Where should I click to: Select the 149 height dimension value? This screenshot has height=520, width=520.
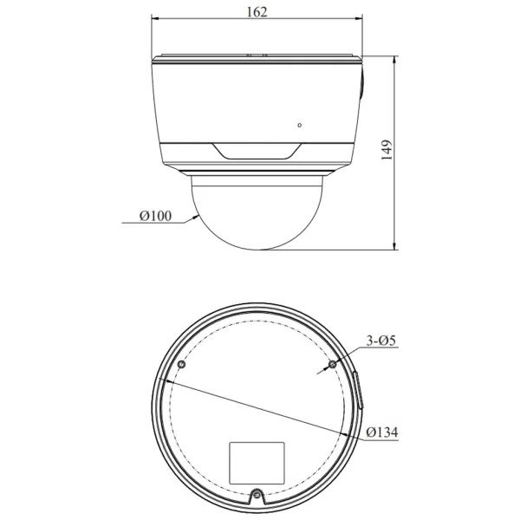click(387, 151)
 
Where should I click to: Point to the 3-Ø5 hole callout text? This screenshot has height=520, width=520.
click(380, 341)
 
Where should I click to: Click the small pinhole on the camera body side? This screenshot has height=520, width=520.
click(299, 125)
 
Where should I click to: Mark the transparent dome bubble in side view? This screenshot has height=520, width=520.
click(257, 212)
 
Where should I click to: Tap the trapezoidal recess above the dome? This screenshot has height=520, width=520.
click(257, 153)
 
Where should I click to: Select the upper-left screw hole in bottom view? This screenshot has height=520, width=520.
click(180, 366)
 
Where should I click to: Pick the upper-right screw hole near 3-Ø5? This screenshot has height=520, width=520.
click(332, 367)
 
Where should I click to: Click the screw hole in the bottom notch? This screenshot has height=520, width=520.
click(257, 497)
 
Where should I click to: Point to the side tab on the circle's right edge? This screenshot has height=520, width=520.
click(358, 389)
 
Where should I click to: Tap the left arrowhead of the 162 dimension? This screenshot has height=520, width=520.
click(154, 18)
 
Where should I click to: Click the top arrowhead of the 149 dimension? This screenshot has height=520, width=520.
click(394, 57)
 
